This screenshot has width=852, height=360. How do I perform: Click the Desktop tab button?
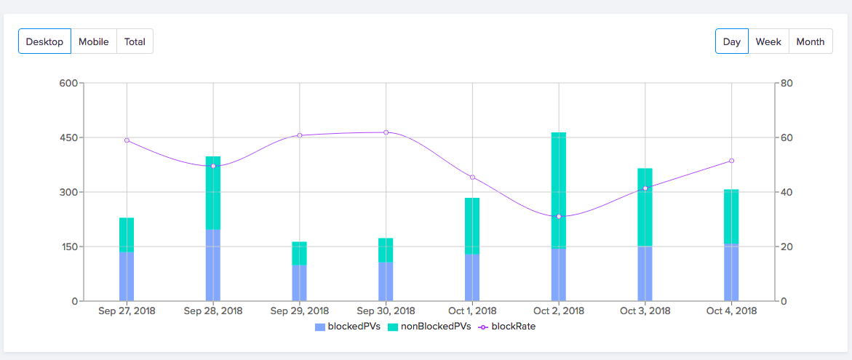tap(44, 41)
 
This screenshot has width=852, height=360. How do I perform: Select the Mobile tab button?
tap(94, 41)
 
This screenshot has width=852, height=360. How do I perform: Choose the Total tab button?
tap(135, 41)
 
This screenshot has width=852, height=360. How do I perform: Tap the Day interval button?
tap(731, 41)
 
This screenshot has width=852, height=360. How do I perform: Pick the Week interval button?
tap(768, 41)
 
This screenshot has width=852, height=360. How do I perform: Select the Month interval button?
tap(810, 41)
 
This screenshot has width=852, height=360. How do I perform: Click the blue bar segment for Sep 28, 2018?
tap(213, 265)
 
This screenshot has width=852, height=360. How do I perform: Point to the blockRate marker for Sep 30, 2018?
tap(386, 132)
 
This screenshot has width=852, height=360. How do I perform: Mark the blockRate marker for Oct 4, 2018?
tap(732, 161)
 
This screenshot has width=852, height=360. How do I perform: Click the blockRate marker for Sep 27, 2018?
tap(127, 140)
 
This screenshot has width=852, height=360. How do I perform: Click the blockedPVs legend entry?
tap(348, 327)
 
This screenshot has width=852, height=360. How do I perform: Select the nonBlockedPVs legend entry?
tap(429, 327)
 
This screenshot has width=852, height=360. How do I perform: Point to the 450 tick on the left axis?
tap(68, 137)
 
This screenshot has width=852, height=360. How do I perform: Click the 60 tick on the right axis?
tap(786, 137)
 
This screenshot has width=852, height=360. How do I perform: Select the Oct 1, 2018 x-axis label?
tap(473, 311)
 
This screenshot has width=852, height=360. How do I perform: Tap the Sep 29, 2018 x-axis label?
tap(300, 311)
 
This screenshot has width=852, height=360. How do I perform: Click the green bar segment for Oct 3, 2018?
tap(645, 207)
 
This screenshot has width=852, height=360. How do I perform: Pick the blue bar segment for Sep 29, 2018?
tap(300, 283)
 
